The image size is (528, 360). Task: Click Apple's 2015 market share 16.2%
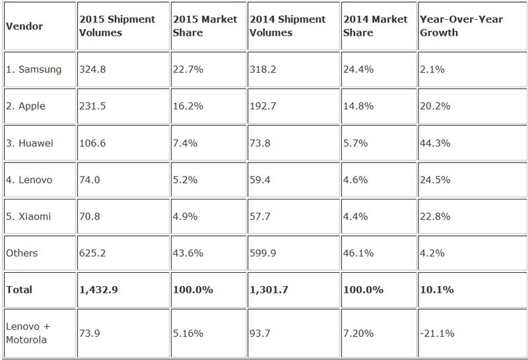coord(187,105)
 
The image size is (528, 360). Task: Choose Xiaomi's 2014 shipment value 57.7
coord(261,215)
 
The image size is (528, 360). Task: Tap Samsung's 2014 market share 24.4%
coord(358,69)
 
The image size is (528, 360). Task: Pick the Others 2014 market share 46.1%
coord(358,252)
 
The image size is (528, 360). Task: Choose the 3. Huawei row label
coord(30,142)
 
